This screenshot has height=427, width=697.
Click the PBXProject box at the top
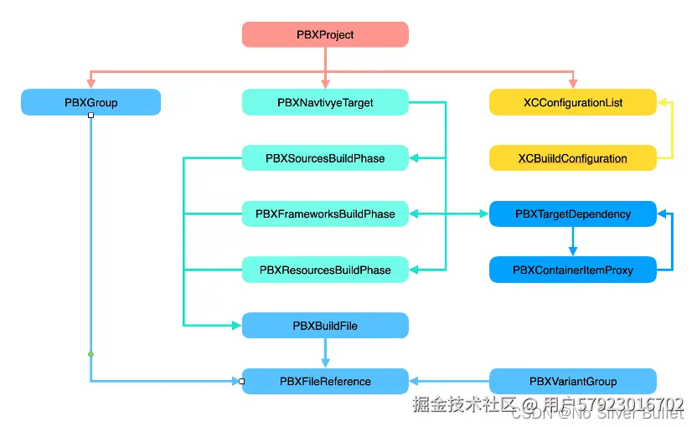pos(325,34)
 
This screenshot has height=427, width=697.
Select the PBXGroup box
pos(90,102)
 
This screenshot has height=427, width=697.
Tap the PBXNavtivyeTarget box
pos(325,102)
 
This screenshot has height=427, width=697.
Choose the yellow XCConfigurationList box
pos(572,102)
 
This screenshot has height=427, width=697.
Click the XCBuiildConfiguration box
pos(572,158)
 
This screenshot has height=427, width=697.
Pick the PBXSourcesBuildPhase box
pos(325,158)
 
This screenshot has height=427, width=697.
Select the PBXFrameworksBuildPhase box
pos(325,213)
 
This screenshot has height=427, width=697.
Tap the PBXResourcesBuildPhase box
pos(325,270)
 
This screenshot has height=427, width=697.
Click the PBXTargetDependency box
pos(572,213)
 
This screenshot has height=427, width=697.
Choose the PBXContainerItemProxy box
pos(572,270)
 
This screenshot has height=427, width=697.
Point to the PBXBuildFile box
pos(325,325)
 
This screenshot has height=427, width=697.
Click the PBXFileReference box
pos(325,381)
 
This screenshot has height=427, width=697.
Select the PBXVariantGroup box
pos(572,381)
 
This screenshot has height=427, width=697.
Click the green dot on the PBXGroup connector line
pos(90,354)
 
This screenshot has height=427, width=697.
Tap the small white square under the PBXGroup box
pos(90,116)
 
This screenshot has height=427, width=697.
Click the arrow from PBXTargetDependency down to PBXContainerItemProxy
pos(572,242)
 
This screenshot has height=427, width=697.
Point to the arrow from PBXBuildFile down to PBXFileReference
pos(325,353)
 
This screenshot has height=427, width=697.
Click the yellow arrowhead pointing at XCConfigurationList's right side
pos(663,102)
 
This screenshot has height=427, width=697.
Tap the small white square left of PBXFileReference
pos(241,381)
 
